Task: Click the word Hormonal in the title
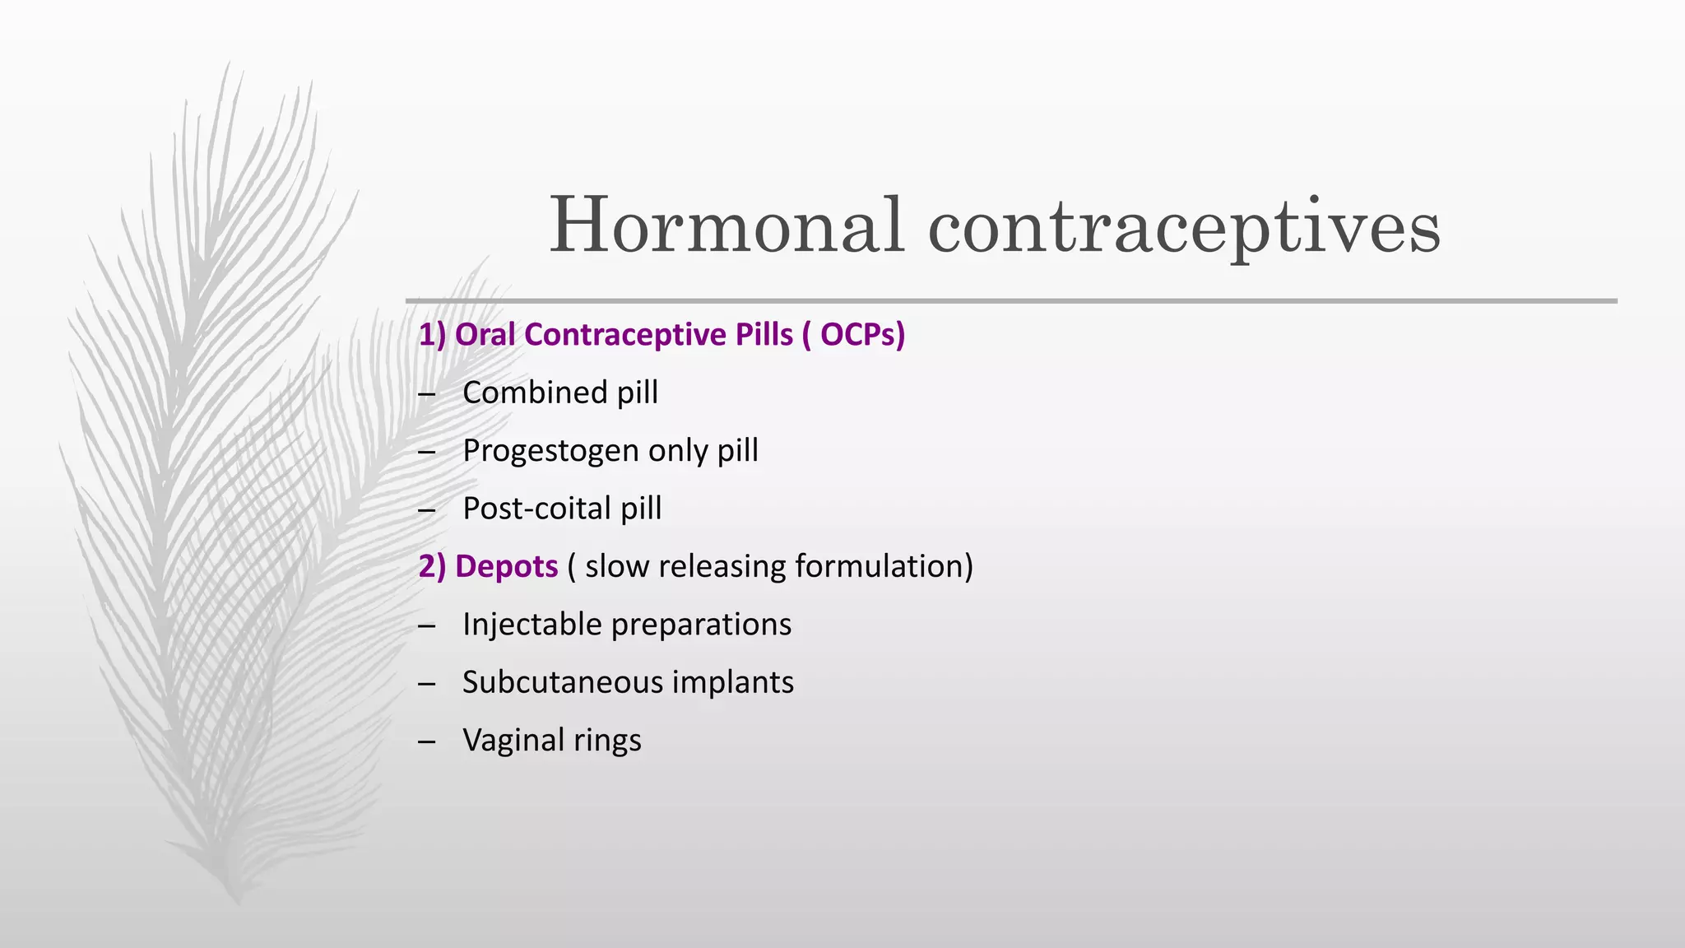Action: click(727, 225)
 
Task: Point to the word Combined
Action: click(535, 393)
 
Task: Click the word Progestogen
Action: click(550, 451)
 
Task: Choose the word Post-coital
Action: click(536, 509)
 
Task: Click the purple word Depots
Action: click(506, 567)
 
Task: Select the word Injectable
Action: click(532, 625)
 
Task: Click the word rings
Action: click(607, 741)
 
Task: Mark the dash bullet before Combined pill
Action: click(426, 394)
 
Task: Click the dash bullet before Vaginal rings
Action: click(426, 741)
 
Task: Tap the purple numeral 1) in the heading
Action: click(432, 335)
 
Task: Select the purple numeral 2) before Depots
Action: click(432, 567)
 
